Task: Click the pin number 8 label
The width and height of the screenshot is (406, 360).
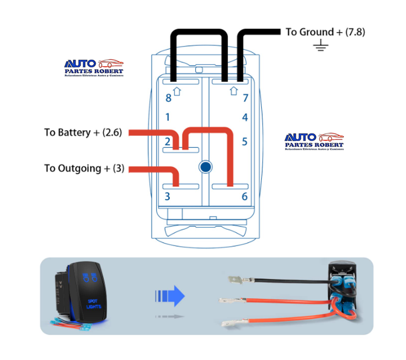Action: pos(168,98)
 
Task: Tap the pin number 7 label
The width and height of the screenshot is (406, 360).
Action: pos(245,98)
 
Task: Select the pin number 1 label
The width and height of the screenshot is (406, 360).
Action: pos(167,117)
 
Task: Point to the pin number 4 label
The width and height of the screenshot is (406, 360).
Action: pos(245,118)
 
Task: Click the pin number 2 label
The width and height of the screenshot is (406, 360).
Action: pos(167,142)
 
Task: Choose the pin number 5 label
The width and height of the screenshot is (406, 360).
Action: pos(245,142)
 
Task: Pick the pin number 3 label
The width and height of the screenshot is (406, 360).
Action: pos(167,196)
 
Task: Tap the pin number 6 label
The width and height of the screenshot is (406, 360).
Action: pos(245,196)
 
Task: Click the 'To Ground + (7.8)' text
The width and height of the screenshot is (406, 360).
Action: pos(325,31)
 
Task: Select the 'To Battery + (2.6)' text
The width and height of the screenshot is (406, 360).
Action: pos(83,132)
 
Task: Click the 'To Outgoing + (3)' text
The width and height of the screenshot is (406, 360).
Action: pos(84,168)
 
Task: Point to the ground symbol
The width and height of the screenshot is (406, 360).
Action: pos(322,45)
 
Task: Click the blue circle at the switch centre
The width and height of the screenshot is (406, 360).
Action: pos(205,167)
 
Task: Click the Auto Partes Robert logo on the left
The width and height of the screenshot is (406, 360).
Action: pos(94,68)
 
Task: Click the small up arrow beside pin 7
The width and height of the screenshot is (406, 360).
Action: pos(234,91)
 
